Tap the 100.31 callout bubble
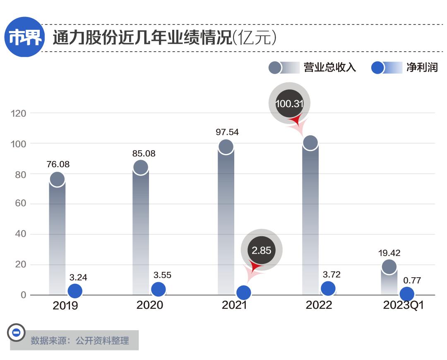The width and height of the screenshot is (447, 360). (289, 103)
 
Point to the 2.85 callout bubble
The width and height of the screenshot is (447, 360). (261, 250)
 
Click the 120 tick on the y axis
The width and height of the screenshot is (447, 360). (19, 113)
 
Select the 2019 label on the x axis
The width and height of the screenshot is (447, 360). (65, 306)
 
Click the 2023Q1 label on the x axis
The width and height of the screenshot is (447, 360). (404, 305)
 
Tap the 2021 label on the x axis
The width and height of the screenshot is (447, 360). (234, 305)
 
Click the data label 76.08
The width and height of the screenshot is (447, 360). (58, 164)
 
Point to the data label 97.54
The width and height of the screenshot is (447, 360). (227, 132)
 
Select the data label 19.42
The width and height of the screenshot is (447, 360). (389, 253)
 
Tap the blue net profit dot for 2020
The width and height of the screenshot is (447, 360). (158, 289)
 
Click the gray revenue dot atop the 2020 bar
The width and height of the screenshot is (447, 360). (141, 167)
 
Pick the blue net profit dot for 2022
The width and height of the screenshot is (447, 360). (328, 288)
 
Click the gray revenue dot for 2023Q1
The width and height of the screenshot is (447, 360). (389, 266)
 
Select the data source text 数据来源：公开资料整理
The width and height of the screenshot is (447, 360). (80, 341)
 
